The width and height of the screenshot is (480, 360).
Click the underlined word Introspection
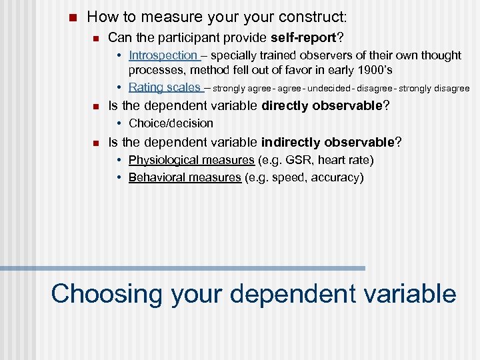163,55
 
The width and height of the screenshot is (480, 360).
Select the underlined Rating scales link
164,87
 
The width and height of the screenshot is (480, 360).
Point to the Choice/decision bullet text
171,123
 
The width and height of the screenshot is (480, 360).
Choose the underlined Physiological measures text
191,160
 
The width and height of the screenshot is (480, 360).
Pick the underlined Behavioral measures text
185,177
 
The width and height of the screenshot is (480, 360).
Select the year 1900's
375,71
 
